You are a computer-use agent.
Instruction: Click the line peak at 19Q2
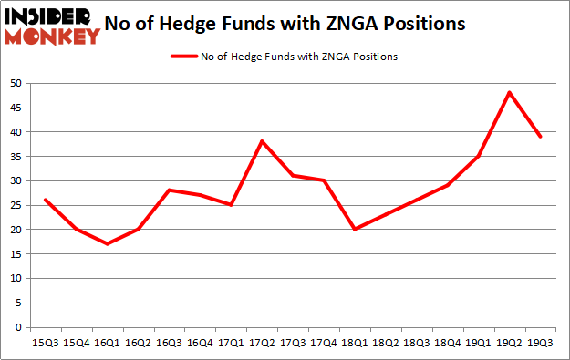pos(509,92)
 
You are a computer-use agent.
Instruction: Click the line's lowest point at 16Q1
pos(109,243)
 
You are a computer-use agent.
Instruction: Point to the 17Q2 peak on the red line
pos(261,141)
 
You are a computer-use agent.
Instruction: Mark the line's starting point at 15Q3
pos(45,200)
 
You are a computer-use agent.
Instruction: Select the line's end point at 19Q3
pos(541,136)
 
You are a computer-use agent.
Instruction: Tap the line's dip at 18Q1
pos(354,229)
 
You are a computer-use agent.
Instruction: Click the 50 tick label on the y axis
pos(16,83)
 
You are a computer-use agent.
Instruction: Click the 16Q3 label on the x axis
pos(169,344)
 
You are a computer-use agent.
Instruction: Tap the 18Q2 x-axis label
pos(385,344)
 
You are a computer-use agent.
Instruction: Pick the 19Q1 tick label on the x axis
pos(478,344)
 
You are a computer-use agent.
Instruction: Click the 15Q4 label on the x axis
pos(76,344)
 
